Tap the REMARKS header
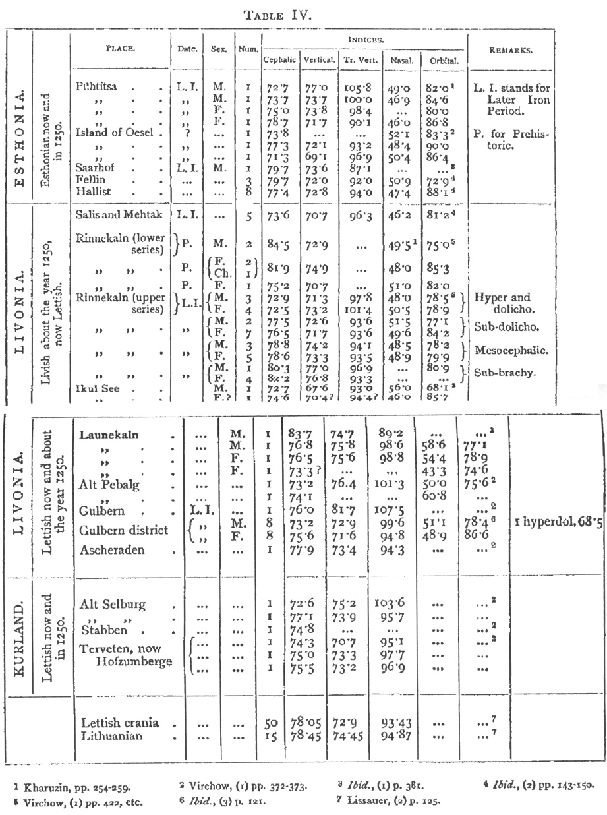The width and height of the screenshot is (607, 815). point(508,50)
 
